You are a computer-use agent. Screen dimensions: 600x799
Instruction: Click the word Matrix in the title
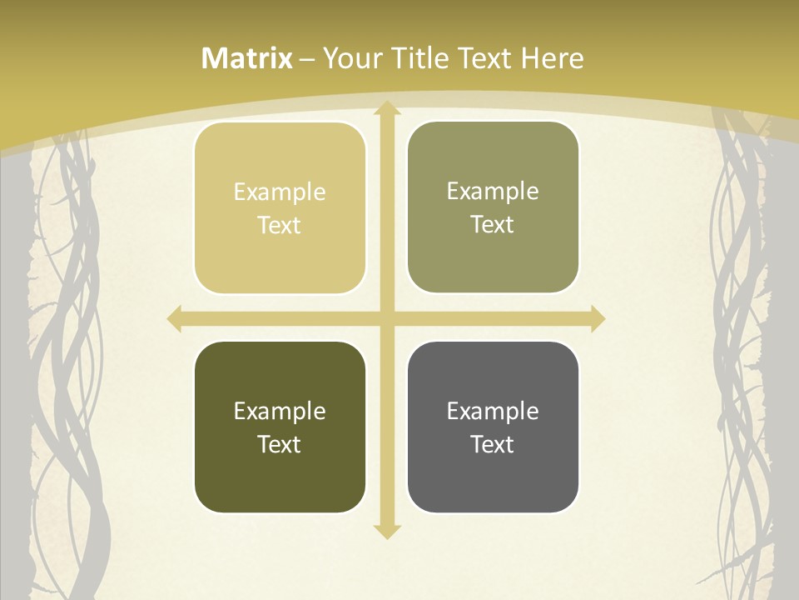[247, 58]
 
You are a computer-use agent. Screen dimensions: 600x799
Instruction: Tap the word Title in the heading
[420, 58]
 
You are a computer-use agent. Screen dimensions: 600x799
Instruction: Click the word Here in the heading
[552, 58]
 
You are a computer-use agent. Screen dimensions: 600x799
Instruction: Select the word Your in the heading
[352, 58]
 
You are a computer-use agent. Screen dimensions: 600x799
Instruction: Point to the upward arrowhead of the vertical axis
[385, 108]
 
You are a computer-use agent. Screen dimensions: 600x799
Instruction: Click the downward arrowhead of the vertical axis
[385, 531]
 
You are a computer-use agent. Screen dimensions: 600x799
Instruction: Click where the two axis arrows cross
[385, 318]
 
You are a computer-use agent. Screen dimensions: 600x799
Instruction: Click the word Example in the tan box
[280, 192]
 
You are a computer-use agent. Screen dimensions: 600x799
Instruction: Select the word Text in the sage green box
[493, 225]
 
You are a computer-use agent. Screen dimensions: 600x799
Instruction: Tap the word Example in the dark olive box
[280, 412]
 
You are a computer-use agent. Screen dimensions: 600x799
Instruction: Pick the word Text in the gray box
[493, 444]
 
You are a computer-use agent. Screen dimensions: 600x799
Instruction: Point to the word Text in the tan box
[280, 226]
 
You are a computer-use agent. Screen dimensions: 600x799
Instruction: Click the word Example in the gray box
[493, 412]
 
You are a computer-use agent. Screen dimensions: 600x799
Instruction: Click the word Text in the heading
[486, 58]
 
